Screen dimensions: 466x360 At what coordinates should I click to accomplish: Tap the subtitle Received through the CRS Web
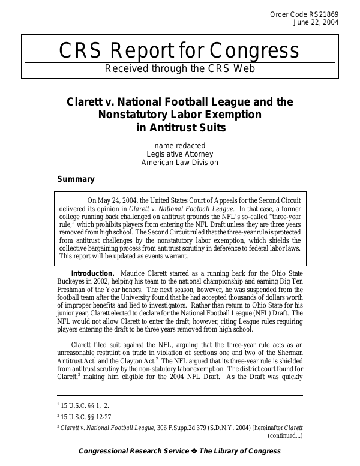click(180, 68)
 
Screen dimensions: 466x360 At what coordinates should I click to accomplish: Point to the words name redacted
click(180, 145)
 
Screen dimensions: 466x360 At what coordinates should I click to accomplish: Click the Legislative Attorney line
click(180, 154)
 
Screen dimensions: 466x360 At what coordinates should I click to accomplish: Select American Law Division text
click(180, 162)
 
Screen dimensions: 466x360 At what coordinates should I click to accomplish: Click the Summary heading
click(76, 179)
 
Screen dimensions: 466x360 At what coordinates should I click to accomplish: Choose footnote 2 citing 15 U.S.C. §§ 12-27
click(88, 416)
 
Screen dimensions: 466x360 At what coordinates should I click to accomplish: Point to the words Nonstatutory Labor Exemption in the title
click(180, 114)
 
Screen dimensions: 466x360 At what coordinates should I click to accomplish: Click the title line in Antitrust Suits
click(180, 127)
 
